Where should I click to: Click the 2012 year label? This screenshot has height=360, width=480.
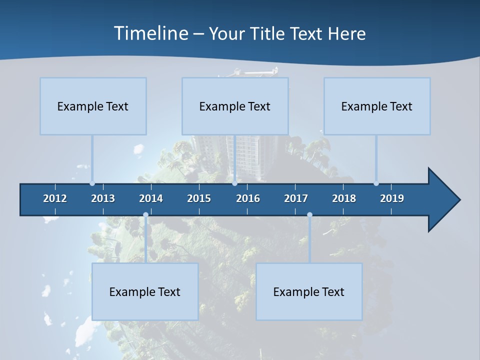(55, 198)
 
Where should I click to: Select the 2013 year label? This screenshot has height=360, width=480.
(103, 198)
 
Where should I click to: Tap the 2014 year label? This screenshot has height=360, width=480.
(151, 198)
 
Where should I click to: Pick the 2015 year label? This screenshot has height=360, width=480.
(199, 198)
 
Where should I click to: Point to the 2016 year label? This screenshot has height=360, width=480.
(248, 198)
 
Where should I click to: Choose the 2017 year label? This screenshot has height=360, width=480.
(296, 198)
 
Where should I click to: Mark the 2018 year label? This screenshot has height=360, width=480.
(344, 198)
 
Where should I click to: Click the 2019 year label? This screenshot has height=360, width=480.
(392, 198)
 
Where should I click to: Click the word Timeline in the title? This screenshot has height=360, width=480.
(150, 33)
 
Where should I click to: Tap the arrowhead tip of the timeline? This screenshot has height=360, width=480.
(459, 200)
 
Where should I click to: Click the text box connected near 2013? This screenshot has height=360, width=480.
(93, 106)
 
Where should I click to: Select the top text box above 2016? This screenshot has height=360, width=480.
(235, 106)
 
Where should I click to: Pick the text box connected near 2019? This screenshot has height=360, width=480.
(377, 106)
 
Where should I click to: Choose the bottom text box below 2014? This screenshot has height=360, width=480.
(145, 291)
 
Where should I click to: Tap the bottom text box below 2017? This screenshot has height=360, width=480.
(309, 291)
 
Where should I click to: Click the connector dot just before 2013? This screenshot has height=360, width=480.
(92, 183)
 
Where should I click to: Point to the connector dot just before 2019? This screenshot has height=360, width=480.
(376, 183)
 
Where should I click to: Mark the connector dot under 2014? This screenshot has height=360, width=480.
(145, 215)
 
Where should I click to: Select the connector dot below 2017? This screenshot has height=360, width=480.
(309, 215)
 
